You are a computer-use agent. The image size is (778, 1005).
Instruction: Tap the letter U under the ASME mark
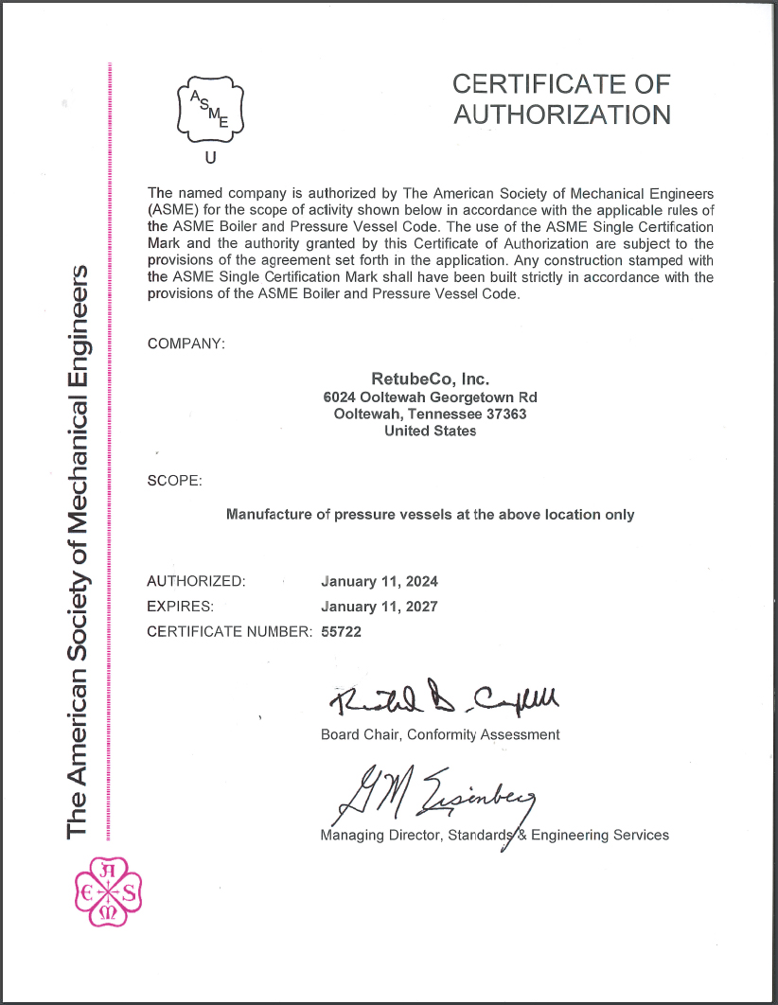click(210, 158)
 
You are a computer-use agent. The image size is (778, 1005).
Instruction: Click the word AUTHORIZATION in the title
click(561, 115)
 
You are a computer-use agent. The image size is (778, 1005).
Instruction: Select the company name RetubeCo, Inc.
click(431, 379)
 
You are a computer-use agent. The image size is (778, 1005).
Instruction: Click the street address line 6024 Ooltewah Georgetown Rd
click(431, 397)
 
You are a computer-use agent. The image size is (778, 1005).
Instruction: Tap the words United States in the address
click(431, 431)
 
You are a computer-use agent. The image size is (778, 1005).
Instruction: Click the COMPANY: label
click(186, 343)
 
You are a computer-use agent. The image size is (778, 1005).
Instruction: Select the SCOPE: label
click(175, 481)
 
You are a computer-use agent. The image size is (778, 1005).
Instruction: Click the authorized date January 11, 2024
click(380, 581)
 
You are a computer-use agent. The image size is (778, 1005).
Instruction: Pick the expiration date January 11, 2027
click(380, 607)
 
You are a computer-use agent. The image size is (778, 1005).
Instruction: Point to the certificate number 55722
click(342, 631)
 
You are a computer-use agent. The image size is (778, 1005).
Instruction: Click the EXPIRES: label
click(181, 607)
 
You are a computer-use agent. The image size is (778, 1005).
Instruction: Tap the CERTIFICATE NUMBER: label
click(229, 631)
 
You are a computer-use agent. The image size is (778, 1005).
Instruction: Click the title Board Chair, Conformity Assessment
click(440, 734)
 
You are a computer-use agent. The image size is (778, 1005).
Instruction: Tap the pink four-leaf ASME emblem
click(108, 890)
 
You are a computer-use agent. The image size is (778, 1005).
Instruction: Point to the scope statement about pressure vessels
click(431, 515)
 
